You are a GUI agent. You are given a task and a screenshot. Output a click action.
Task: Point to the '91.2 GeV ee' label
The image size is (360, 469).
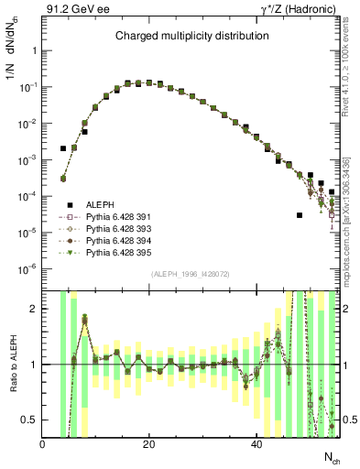click(x=71, y=9)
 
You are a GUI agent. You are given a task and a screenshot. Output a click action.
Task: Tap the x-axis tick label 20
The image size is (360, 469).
click(x=149, y=444)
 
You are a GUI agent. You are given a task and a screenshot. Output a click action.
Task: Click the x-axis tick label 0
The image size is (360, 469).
click(x=42, y=444)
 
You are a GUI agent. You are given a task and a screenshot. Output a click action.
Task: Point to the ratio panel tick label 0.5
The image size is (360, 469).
click(x=29, y=420)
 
